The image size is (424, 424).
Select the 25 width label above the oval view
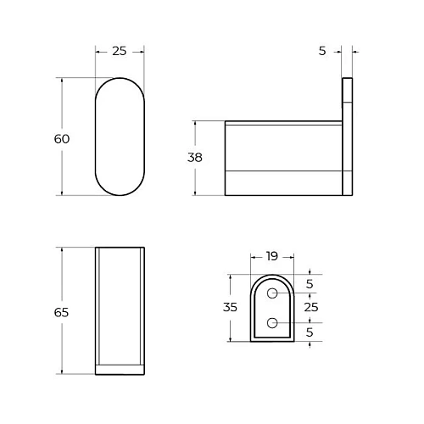(x=119, y=52)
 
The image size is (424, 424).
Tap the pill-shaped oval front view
(x=119, y=137)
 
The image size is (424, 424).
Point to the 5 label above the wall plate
(x=322, y=52)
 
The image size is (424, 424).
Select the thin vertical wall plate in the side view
(x=347, y=138)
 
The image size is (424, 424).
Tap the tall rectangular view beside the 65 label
(x=119, y=305)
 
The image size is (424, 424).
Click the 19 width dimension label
(x=271, y=255)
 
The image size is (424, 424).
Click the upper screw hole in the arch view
(x=272, y=293)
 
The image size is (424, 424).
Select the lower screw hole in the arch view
(x=272, y=322)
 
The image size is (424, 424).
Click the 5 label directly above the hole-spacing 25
(x=310, y=283)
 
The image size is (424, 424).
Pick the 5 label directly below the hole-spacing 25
(x=310, y=332)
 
